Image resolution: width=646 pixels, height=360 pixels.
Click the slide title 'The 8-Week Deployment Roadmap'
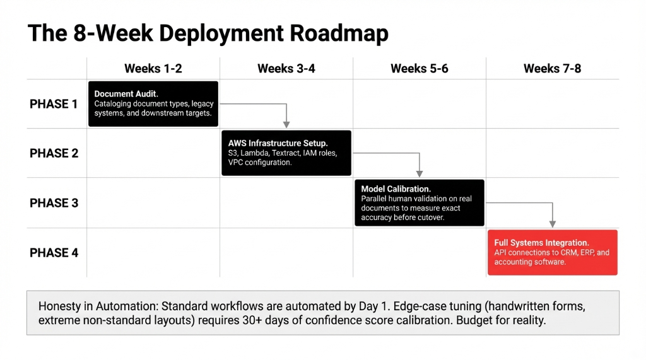click(x=208, y=33)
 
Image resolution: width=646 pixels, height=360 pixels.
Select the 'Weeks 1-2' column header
click(x=153, y=69)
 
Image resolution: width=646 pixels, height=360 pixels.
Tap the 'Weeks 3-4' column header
click(x=286, y=69)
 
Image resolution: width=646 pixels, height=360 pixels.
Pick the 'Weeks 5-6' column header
click(x=419, y=69)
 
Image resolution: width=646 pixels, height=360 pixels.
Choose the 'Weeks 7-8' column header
click(x=552, y=69)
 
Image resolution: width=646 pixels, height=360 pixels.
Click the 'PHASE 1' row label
click(x=54, y=104)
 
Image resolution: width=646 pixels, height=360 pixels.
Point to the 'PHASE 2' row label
click(x=54, y=153)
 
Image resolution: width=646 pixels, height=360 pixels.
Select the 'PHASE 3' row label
click(x=54, y=203)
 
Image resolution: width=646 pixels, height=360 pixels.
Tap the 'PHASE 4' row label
click(x=54, y=253)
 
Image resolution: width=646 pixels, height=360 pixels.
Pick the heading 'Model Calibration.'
click(x=396, y=189)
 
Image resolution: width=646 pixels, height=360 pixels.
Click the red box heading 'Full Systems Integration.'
click(x=541, y=243)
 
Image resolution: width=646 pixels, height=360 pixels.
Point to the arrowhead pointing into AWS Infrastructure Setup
click(x=286, y=124)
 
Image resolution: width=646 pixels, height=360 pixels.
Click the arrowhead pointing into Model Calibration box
click(x=420, y=173)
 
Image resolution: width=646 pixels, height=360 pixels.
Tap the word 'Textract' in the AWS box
click(x=286, y=153)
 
